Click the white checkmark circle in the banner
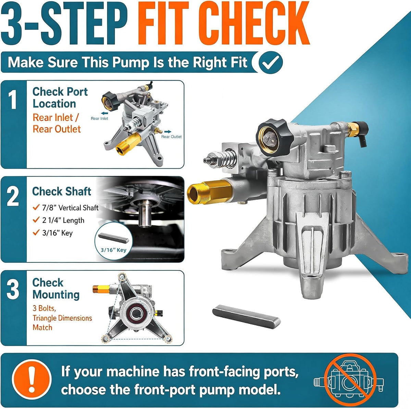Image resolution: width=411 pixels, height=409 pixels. coord(271,62)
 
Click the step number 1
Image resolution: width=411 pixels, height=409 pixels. coord(13,99)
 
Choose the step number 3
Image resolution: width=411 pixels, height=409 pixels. coord(13,290)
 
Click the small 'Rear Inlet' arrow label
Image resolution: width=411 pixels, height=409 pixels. coord(99,118)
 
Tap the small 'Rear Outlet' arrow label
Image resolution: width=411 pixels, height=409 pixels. coord(171,136)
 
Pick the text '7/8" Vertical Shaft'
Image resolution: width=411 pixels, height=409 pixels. coord(70,208)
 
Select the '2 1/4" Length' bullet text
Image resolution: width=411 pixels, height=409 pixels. coord(63,220)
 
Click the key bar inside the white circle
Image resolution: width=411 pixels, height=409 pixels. coord(113,238)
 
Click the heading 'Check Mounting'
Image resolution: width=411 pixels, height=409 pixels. coord(56,289)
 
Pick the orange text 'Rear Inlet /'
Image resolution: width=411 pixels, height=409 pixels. coord(56,118)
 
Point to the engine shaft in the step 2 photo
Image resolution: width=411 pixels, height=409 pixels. coord(145,214)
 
